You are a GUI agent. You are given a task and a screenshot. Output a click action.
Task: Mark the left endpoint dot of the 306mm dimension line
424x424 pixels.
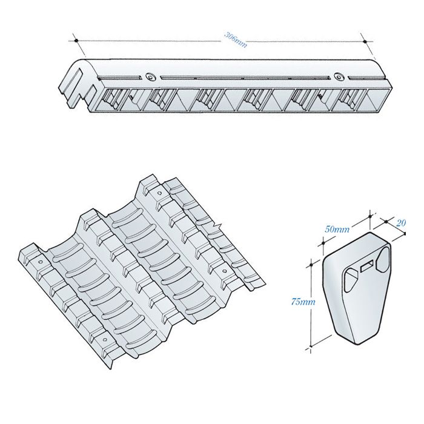pos(77,41)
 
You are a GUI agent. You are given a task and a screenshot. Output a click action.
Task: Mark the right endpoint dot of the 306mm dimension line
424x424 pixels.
pos(365,41)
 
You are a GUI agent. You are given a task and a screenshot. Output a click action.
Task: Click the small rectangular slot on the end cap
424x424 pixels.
pos(366,266)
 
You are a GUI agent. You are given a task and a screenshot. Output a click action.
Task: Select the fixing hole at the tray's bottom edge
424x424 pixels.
pos(111,349)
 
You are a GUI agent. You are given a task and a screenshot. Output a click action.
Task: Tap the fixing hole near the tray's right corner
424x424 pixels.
pos(224,271)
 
